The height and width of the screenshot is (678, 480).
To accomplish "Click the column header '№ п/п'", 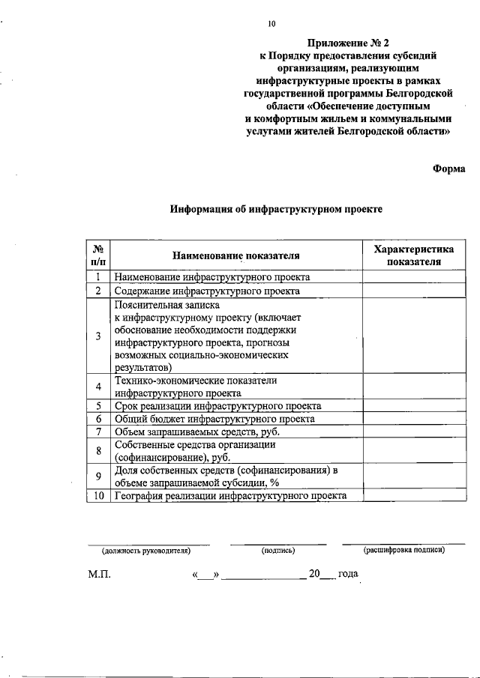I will [x=98, y=255].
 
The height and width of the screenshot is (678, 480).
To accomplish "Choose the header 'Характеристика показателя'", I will [x=414, y=255].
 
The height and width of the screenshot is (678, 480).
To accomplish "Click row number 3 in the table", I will [x=98, y=336].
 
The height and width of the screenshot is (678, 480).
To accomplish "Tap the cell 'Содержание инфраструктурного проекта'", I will [x=207, y=291].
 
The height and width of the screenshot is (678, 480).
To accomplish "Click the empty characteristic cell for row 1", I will [x=414, y=277].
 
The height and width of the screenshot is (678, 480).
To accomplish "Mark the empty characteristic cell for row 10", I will [x=414, y=496].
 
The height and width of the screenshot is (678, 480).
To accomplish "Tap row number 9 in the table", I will [x=98, y=476].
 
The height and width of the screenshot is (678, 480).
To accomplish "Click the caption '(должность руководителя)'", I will [x=147, y=551].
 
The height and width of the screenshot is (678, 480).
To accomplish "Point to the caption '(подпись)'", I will [x=278, y=551].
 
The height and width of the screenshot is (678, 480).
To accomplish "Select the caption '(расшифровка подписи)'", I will [x=403, y=551].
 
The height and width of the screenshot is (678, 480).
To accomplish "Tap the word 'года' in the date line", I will [x=348, y=575].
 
